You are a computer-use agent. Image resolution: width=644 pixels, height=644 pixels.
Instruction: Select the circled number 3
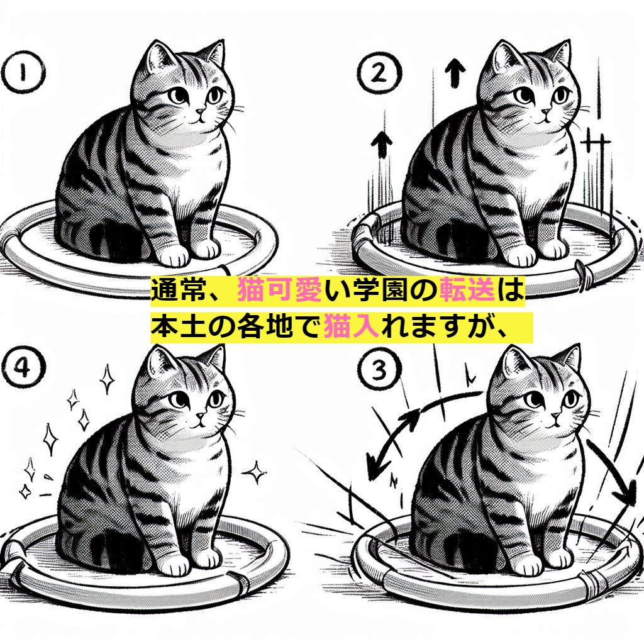(x=379, y=369)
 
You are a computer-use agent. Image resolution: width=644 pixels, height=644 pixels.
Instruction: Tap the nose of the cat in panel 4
(x=200, y=415)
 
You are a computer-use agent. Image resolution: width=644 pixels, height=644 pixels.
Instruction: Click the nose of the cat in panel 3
(x=555, y=415)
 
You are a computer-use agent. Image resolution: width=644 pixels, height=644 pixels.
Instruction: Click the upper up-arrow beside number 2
(x=455, y=73)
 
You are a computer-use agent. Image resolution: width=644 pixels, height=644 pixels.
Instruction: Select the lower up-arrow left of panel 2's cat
(x=382, y=145)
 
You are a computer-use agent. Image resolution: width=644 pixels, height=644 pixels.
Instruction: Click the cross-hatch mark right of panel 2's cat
(x=596, y=144)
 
